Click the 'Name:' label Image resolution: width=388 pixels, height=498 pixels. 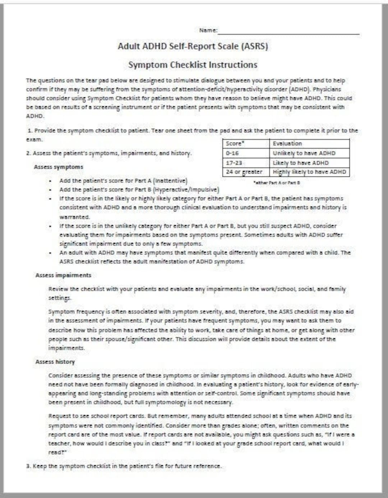[208, 30]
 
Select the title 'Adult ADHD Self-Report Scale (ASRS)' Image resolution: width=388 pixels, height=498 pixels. [193, 46]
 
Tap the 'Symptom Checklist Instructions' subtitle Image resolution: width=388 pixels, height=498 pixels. [193, 65]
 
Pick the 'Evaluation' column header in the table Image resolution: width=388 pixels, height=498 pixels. [287, 143]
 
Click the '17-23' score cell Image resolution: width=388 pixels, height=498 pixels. [234, 163]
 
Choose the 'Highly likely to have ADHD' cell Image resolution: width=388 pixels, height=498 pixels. [309, 172]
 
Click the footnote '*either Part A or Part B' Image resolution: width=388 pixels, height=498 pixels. [277, 183]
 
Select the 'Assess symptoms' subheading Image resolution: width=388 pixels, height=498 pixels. [59, 167]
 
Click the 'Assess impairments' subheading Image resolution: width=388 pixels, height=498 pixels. [63, 275]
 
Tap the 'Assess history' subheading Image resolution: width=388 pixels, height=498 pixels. [55, 362]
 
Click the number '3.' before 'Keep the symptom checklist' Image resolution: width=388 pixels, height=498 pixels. [28, 466]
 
